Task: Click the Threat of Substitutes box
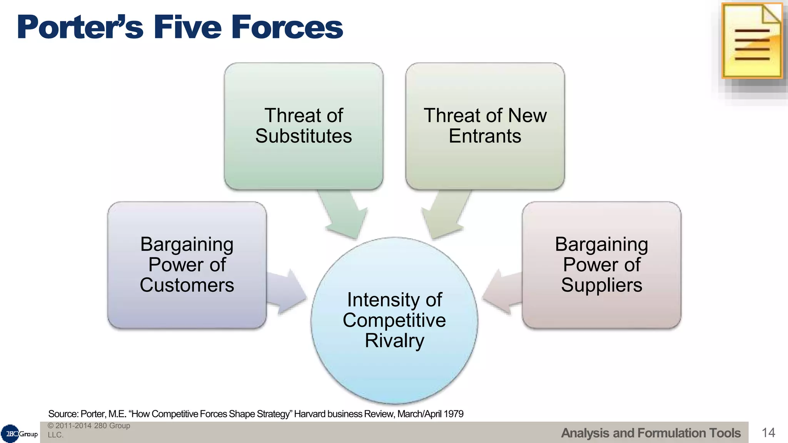[x=304, y=126]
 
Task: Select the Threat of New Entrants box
[x=485, y=126]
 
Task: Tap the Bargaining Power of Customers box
[x=187, y=265]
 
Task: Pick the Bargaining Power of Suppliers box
[x=601, y=265]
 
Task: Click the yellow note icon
[x=752, y=41]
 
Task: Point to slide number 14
[x=768, y=433]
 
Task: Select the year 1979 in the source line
[x=454, y=414]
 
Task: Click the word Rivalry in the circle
[x=394, y=341]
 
